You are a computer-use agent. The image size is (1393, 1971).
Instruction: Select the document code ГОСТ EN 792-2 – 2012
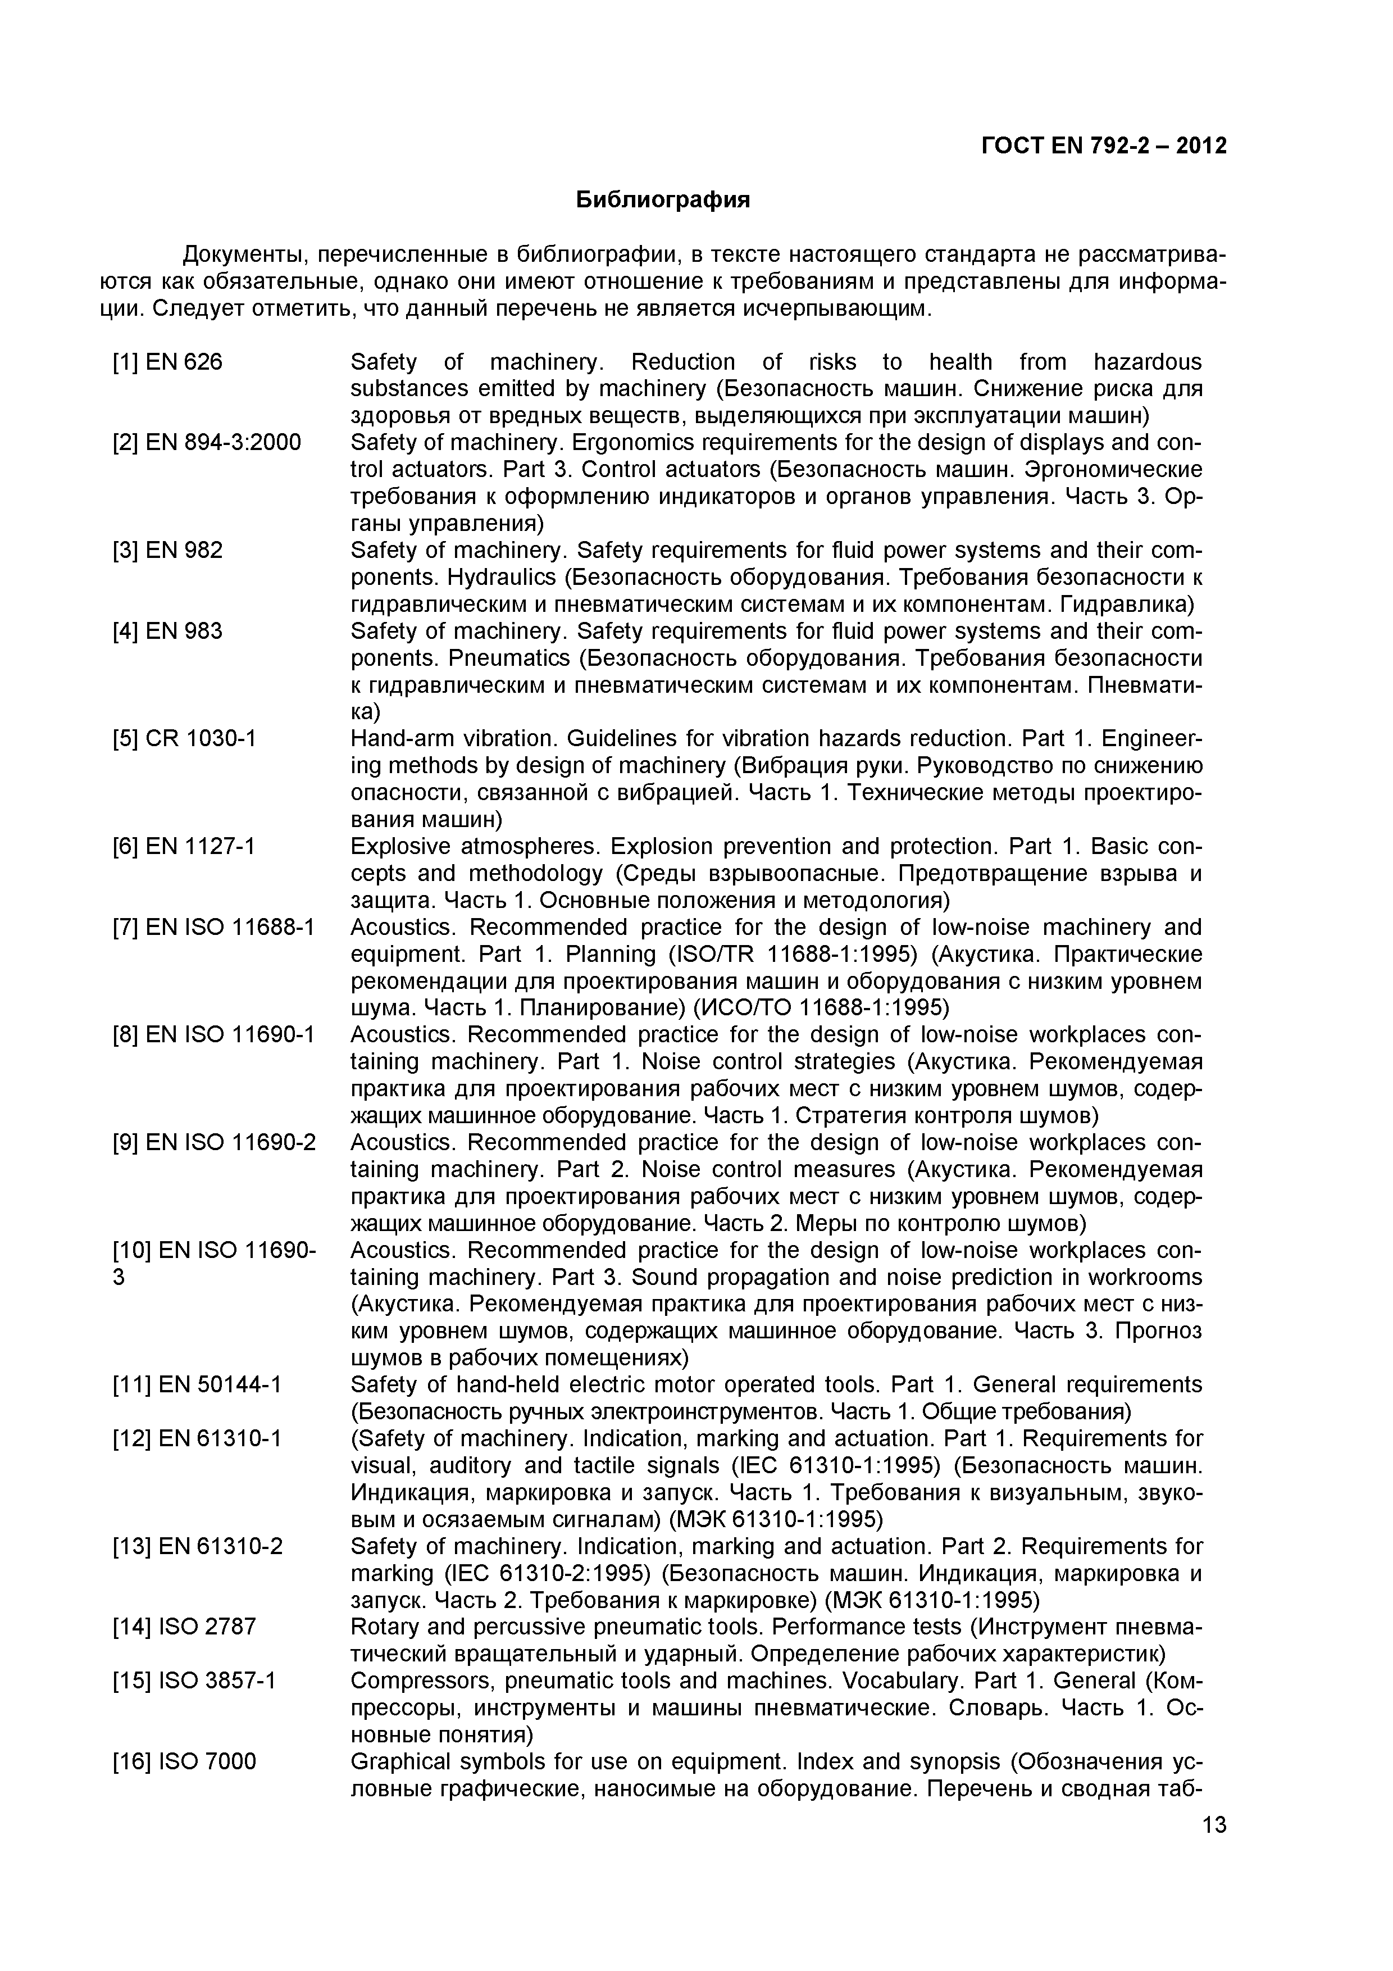pos(1104,146)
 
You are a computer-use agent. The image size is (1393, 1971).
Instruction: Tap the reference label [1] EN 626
pos(167,362)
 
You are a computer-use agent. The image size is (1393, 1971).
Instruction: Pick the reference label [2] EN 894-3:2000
pos(207,443)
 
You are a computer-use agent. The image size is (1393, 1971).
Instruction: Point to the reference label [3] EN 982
pos(167,550)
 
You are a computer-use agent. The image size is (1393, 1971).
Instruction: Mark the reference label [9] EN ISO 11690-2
pos(213,1143)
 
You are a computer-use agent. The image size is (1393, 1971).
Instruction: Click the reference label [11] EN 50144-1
pos(197,1384)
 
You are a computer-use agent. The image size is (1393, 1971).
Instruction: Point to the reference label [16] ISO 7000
pos(184,1761)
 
